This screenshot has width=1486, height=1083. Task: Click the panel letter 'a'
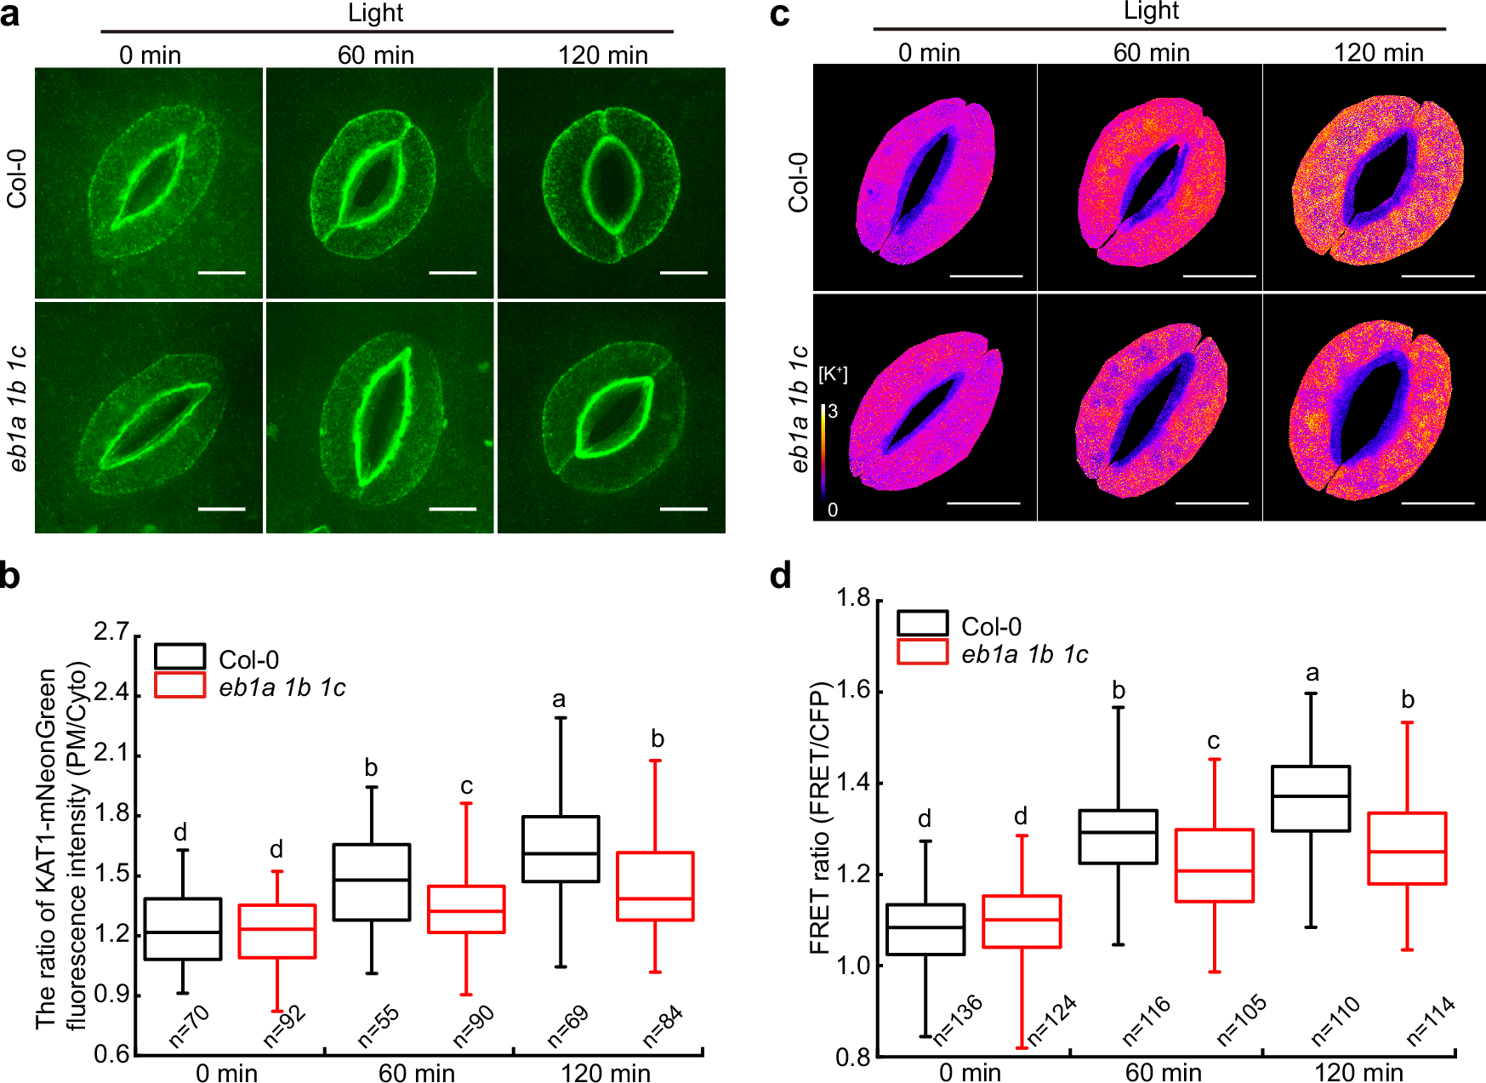pos(10,15)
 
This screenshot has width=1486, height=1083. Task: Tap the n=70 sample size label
pos(190,1024)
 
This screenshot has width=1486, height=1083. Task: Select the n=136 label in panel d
pos(958,1018)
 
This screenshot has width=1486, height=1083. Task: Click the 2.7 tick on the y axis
pos(111,632)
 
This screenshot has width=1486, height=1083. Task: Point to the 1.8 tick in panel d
pos(853,599)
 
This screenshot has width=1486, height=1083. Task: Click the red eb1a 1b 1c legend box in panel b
pos(179,686)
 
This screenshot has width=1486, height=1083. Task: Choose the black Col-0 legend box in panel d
pos(922,624)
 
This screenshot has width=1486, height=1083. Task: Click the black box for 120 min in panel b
pos(561,848)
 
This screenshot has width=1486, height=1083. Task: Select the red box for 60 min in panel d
pos(1214,865)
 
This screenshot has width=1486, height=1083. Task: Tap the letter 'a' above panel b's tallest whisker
pos(559,699)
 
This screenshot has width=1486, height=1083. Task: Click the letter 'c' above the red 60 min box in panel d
pos(1214,741)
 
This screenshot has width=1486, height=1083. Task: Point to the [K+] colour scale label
pos(833,374)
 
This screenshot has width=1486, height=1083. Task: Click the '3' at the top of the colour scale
pos(833,412)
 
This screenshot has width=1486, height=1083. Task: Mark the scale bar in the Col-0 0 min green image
pos(221,273)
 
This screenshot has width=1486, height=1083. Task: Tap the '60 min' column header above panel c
pos(1151,53)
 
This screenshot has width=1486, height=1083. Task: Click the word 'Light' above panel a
pos(375,13)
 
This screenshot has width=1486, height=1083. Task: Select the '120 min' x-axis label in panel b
pos(606,1072)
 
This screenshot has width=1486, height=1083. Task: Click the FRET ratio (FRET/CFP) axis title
pos(820,817)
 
